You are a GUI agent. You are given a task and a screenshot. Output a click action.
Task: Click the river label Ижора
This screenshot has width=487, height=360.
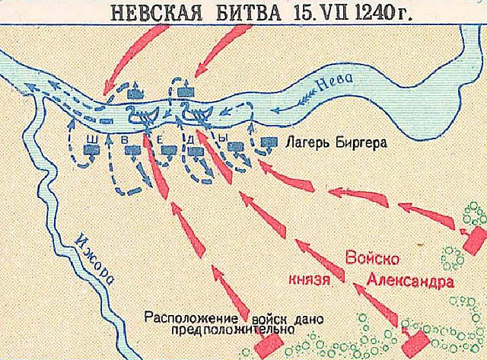click(93, 260)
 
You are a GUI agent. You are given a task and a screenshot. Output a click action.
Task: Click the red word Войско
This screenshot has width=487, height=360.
click(372, 256)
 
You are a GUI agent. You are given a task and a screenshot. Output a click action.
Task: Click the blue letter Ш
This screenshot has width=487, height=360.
click(94, 139)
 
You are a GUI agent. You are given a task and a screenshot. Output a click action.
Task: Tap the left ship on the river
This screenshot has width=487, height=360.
click(142, 116)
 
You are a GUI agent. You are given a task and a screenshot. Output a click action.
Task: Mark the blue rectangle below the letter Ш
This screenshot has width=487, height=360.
click(93, 151)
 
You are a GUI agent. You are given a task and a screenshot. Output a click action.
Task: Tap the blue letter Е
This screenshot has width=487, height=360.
click(161, 139)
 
